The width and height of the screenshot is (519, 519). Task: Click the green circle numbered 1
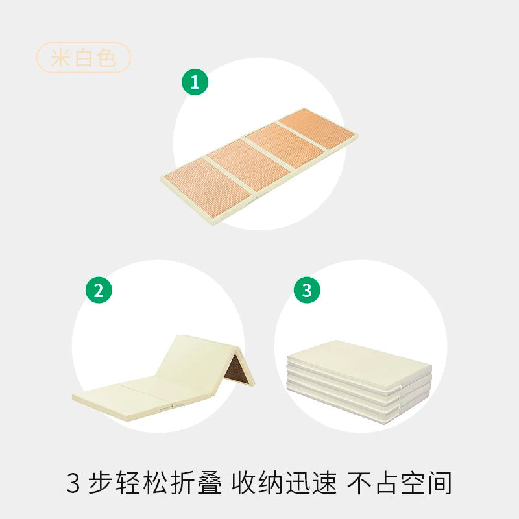click(195, 82)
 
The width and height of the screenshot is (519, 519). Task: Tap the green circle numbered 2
click(99, 290)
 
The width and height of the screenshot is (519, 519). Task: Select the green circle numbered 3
click(307, 290)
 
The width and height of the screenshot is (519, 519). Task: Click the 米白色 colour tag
click(84, 57)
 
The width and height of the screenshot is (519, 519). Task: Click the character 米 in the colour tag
click(60, 58)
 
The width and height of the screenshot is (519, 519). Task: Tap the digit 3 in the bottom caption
click(73, 483)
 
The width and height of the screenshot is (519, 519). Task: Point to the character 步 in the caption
click(99, 483)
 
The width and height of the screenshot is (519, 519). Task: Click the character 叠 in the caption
click(210, 483)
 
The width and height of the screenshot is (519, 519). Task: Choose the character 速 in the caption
click(325, 483)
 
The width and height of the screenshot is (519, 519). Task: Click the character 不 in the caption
click(359, 483)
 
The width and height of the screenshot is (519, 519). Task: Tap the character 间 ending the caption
click(441, 483)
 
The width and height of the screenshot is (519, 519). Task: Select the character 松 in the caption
click(155, 483)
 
